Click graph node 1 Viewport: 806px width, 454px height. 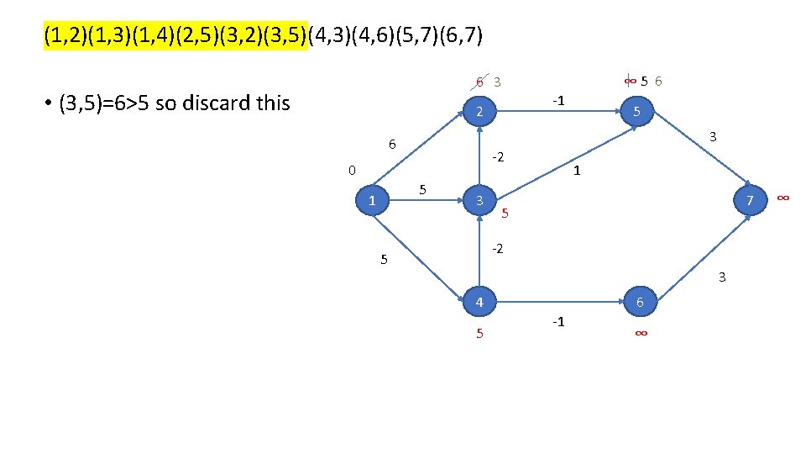point(371,200)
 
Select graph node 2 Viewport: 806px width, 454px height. point(477,112)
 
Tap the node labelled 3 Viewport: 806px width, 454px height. point(479,200)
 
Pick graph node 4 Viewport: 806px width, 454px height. point(478,301)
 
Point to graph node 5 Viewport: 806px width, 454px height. point(637,112)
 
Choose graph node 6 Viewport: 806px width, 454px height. point(639,301)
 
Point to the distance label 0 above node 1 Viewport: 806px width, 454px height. point(353,171)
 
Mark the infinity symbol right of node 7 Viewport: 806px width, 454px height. point(782,197)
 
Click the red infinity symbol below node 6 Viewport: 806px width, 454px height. point(640,334)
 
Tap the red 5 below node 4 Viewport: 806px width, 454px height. point(479,334)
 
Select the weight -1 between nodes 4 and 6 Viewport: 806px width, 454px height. point(557,322)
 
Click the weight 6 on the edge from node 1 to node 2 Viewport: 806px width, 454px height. point(392,144)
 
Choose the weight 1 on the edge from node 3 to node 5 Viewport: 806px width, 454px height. point(577,171)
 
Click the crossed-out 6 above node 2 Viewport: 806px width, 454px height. point(479,82)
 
